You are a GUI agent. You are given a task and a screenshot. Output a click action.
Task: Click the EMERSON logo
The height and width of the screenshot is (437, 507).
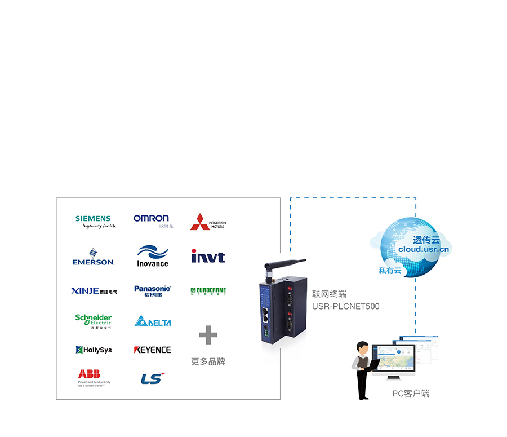[x=94, y=257]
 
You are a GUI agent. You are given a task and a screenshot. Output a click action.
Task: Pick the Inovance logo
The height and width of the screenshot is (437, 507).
[x=152, y=257]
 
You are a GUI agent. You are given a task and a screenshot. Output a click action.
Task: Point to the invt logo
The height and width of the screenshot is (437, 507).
[x=208, y=257]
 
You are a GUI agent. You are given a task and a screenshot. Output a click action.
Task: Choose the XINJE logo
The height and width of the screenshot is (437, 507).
[x=94, y=292]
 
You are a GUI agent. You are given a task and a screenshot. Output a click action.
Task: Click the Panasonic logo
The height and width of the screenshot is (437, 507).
[x=152, y=291]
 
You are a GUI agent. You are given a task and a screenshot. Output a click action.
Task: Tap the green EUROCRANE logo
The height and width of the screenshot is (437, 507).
[x=208, y=292]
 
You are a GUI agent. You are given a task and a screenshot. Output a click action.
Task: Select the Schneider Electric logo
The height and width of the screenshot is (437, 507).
[x=94, y=321]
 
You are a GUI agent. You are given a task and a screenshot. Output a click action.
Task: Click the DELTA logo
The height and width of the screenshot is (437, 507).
[x=153, y=321]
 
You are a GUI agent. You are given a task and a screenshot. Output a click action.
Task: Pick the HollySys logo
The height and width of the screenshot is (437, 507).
[x=94, y=350]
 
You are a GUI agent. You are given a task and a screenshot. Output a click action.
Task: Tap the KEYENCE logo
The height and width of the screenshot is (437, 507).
[x=152, y=350]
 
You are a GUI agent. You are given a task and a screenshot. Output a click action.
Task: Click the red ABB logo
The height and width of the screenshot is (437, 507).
[x=90, y=374]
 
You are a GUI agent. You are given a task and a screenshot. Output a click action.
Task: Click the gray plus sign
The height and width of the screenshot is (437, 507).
[x=208, y=335]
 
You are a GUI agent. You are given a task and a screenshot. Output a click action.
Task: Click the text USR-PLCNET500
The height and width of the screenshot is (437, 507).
[x=346, y=307]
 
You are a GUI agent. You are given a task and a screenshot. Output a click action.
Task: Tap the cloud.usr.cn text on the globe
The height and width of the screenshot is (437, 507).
[x=424, y=249]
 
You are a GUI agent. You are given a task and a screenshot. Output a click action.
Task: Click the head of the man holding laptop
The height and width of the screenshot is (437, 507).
[x=364, y=348]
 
